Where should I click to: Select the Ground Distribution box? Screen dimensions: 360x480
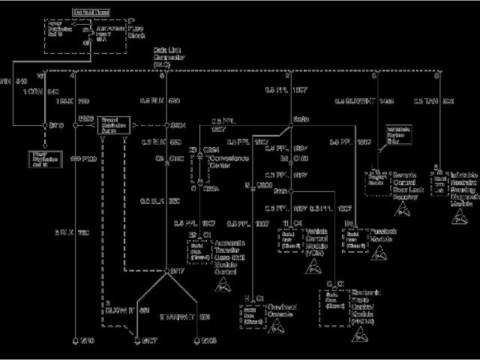[x=115, y=124]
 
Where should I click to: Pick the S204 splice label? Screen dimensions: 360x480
[x=178, y=124]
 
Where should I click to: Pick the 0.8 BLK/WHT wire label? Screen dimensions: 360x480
[x=355, y=100]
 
